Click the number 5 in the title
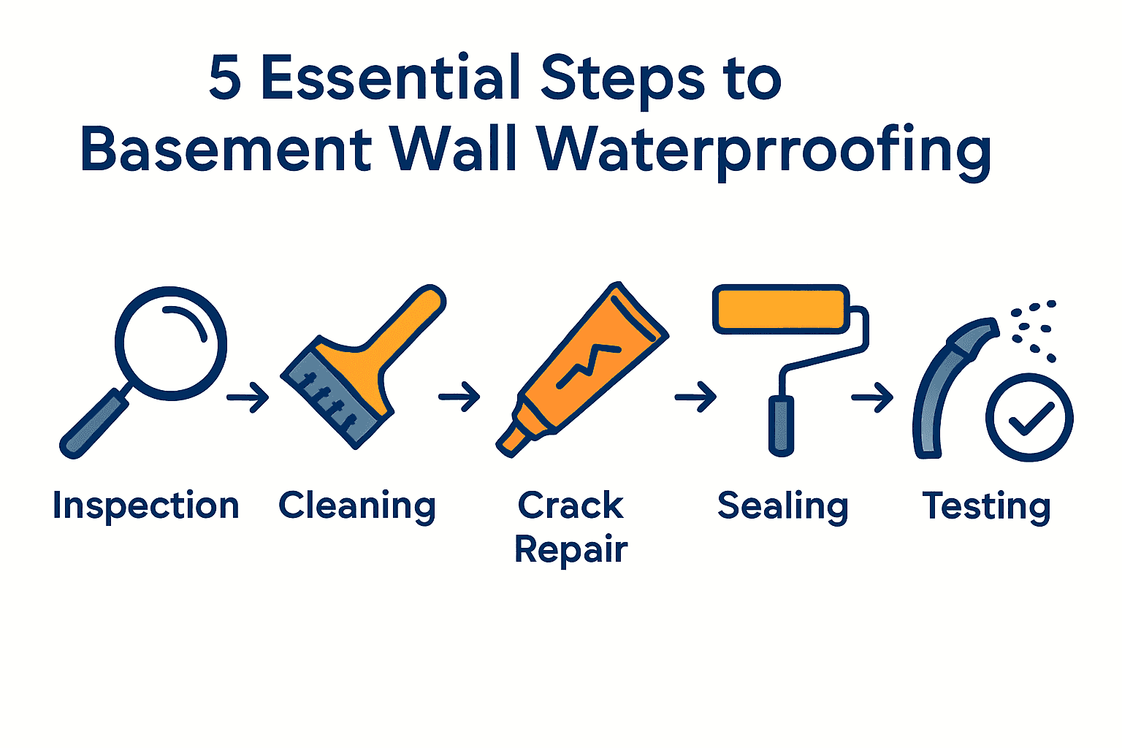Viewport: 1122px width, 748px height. tap(225, 77)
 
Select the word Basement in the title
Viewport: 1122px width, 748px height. tap(226, 150)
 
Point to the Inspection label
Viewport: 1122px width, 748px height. tap(146, 506)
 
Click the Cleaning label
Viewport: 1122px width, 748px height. tap(357, 506)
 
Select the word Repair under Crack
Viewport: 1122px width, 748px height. tap(571, 549)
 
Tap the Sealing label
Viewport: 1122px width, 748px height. tap(783, 506)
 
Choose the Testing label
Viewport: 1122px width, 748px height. tap(987, 506)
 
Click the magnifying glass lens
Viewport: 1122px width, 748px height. tap(171, 343)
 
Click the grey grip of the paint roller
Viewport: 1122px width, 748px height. tap(781, 425)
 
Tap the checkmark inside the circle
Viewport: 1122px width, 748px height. tap(1029, 419)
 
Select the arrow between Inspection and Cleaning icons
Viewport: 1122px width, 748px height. tap(248, 397)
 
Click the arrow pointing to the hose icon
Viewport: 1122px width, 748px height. tap(872, 398)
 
